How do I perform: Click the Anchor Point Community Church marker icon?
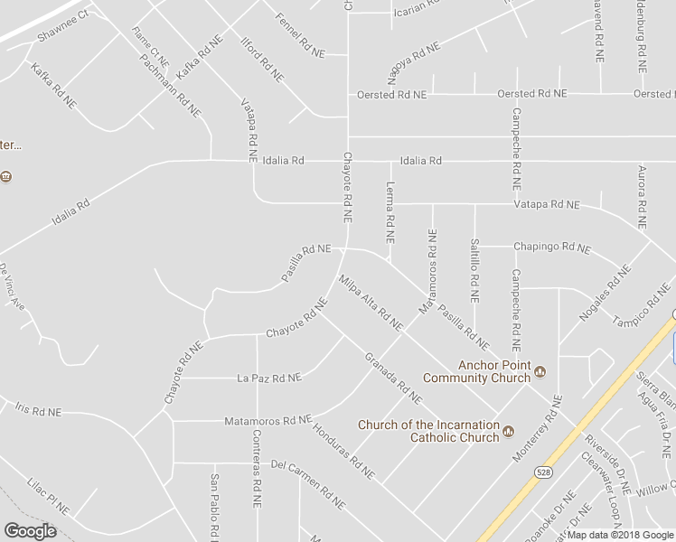point(540,370)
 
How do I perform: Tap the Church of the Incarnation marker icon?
point(508,431)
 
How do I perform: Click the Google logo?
point(31,530)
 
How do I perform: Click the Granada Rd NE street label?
point(393,377)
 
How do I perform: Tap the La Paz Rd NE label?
point(268,378)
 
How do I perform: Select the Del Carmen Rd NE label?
point(308,482)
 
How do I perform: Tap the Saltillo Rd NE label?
point(473,269)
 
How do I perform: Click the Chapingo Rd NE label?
point(551,247)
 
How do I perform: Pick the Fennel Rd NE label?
point(299,36)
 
